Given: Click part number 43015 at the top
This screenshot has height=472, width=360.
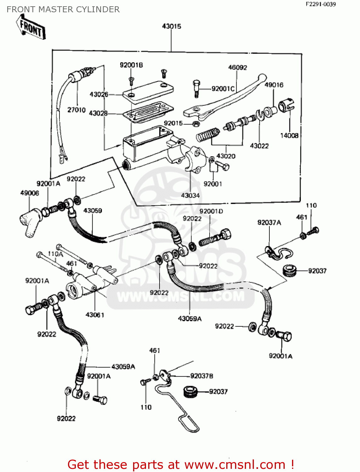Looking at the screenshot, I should (x=172, y=26).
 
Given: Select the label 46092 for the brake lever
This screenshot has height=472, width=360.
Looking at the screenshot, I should (x=238, y=68).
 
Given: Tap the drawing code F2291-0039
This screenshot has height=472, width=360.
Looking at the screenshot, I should (x=321, y=4).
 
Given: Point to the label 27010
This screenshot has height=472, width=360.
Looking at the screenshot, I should (x=76, y=110).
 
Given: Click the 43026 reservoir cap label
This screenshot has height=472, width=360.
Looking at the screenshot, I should (x=99, y=94).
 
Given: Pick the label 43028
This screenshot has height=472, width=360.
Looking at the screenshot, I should (x=98, y=113).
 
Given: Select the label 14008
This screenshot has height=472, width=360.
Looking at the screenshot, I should (x=289, y=136).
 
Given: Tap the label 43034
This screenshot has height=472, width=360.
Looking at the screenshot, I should (x=190, y=195).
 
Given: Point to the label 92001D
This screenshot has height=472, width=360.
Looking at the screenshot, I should (x=211, y=211).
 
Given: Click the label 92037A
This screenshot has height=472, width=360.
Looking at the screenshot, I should (x=269, y=223).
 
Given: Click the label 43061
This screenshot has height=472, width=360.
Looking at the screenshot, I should (x=95, y=315).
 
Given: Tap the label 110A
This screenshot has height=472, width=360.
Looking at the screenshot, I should (x=55, y=254).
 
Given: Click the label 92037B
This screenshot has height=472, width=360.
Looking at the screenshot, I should (x=202, y=376).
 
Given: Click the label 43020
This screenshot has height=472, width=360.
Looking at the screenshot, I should (x=226, y=156).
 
